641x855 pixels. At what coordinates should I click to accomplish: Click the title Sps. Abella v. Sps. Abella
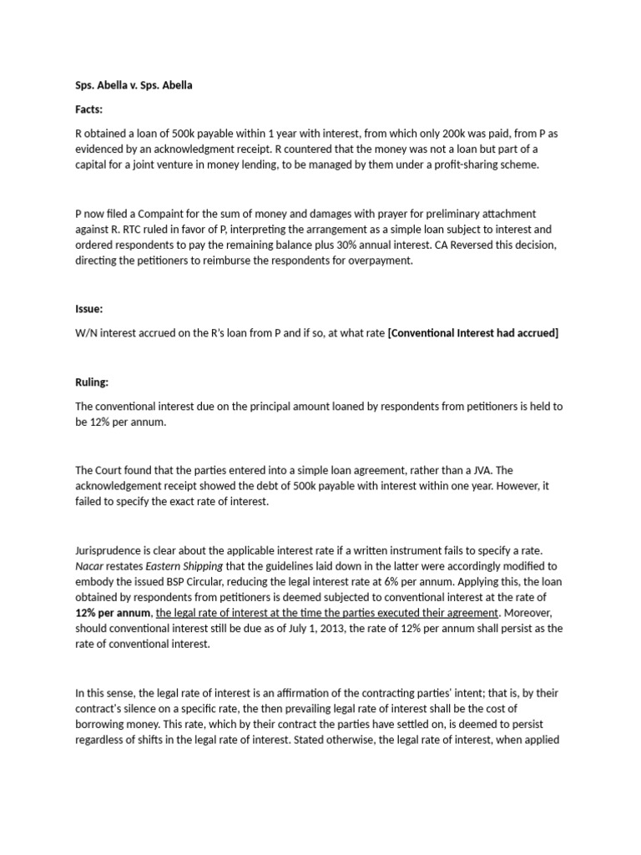tap(134, 85)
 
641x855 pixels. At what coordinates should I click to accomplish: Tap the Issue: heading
tap(88, 309)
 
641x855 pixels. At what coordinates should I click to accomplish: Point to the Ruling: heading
tap(92, 382)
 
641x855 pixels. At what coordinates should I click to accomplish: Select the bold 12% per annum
tap(110, 613)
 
